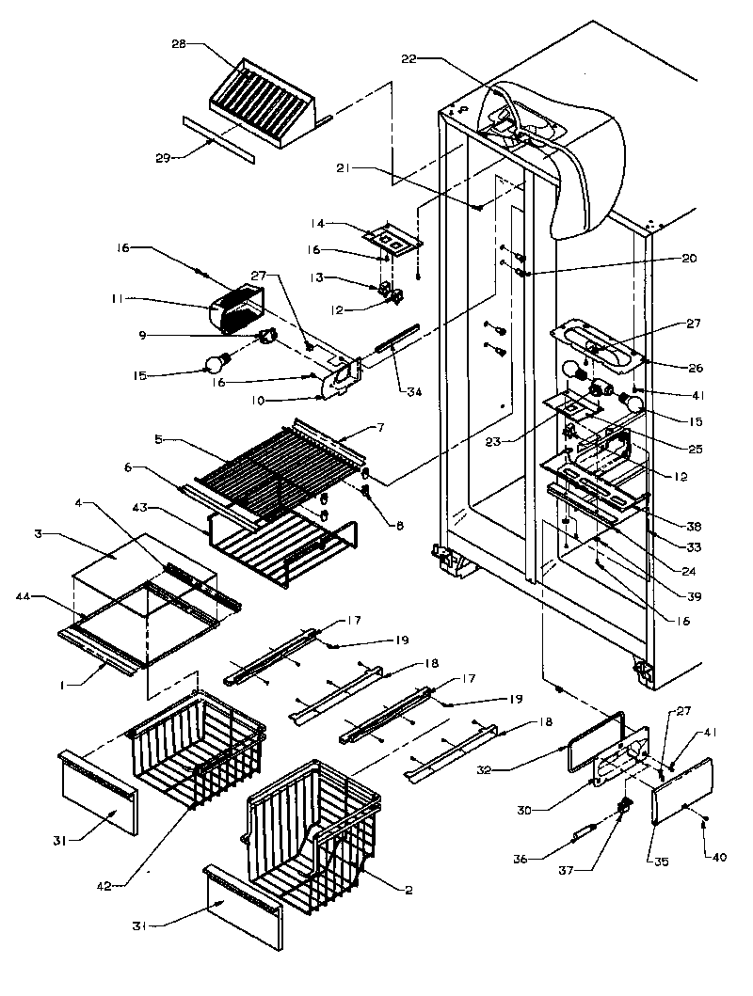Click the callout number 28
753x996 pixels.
179,43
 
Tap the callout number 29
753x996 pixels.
162,157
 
